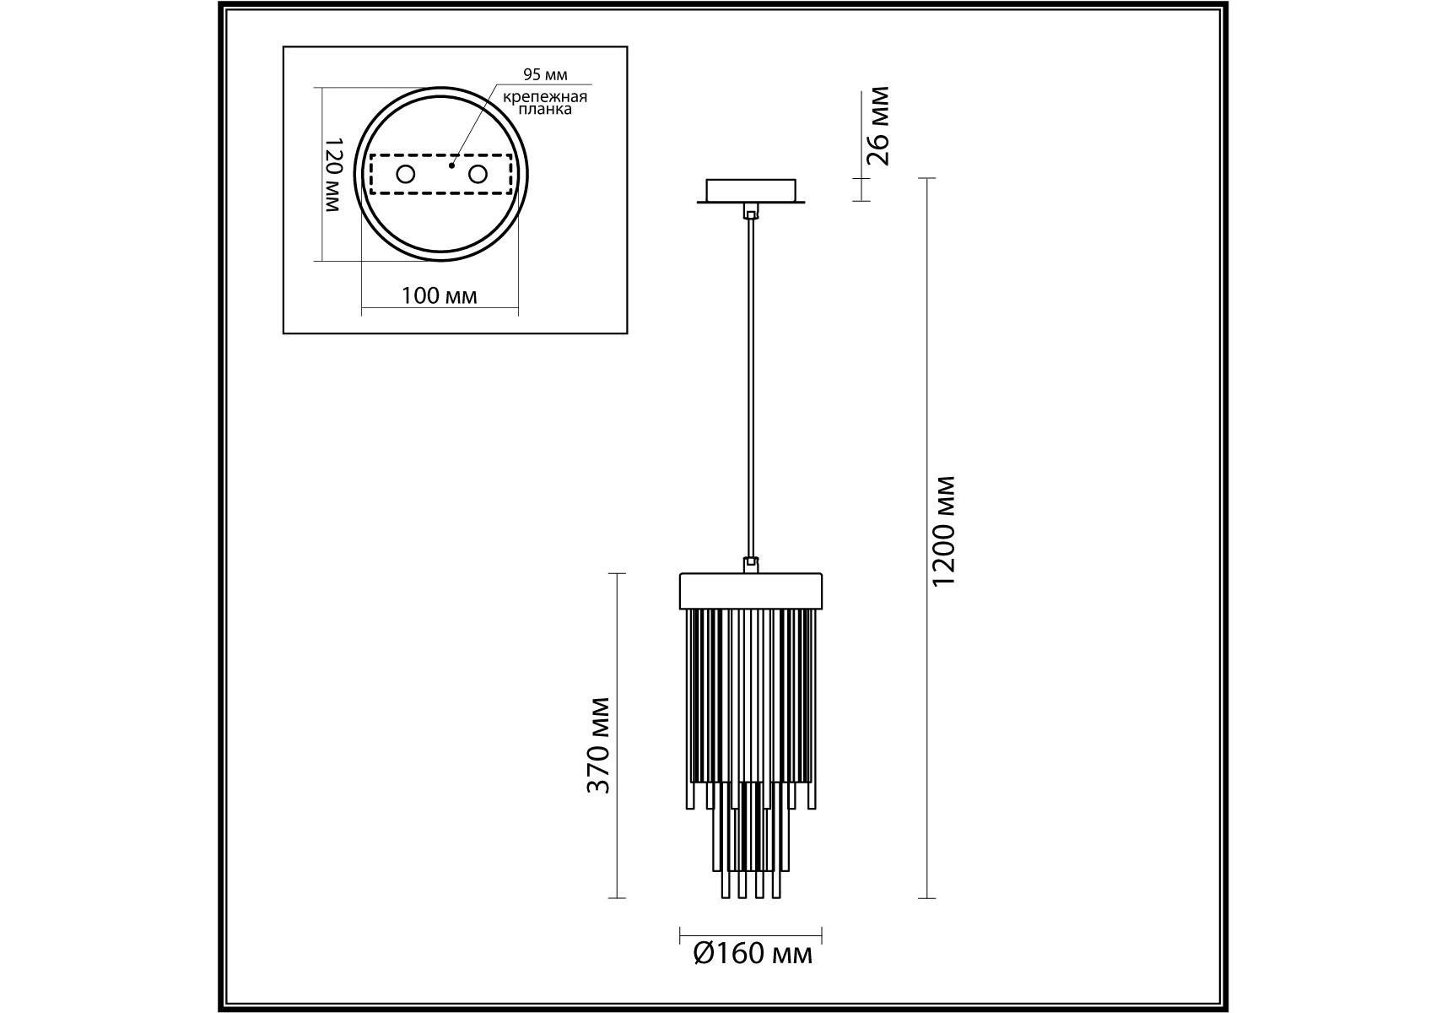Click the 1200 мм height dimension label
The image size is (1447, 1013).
pos(945,531)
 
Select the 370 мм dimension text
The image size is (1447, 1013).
pos(598,745)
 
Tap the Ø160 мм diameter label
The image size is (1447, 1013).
pos(753,955)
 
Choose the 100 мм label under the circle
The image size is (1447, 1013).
pos(439,296)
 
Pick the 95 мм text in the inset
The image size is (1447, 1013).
pos(545,76)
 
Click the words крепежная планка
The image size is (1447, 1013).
pos(545,103)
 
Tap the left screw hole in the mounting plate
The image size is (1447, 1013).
pos(406,175)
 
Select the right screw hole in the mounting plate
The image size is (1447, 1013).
pos(478,175)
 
